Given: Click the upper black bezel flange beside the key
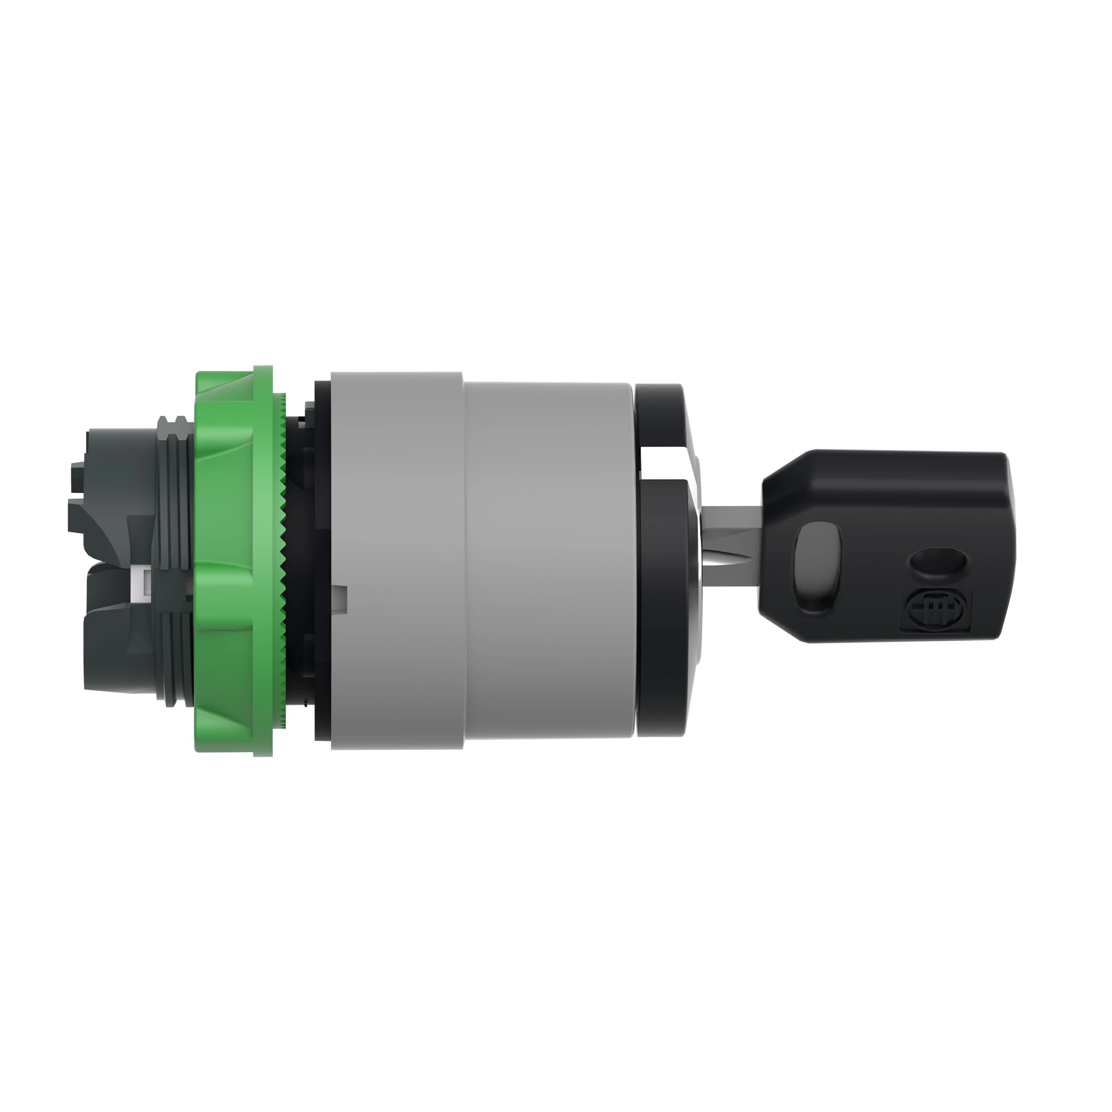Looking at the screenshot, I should [662, 414].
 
